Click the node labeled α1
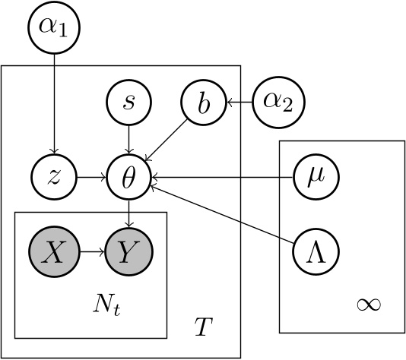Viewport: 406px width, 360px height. tap(53, 28)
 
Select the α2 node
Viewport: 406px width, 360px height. tap(276, 102)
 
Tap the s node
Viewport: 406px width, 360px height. tap(128, 102)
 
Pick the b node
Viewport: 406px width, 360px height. tap(203, 102)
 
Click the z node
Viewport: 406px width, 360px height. tap(53, 176)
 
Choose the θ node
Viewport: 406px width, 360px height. tap(128, 176)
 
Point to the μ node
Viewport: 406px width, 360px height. tap(315, 176)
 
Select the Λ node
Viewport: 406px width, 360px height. tap(315, 250)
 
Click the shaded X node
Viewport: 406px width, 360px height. tap(53, 250)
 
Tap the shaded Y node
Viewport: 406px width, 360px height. tap(128, 250)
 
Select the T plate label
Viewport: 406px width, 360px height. tap(202, 327)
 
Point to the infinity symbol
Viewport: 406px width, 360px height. tap(368, 305)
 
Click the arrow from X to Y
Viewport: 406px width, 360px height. tap(90, 250)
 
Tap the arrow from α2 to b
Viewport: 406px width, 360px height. tap(239, 102)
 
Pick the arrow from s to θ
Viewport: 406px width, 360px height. tap(128, 139)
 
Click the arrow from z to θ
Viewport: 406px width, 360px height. tap(90, 176)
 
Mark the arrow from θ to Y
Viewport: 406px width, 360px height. tap(128, 213)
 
